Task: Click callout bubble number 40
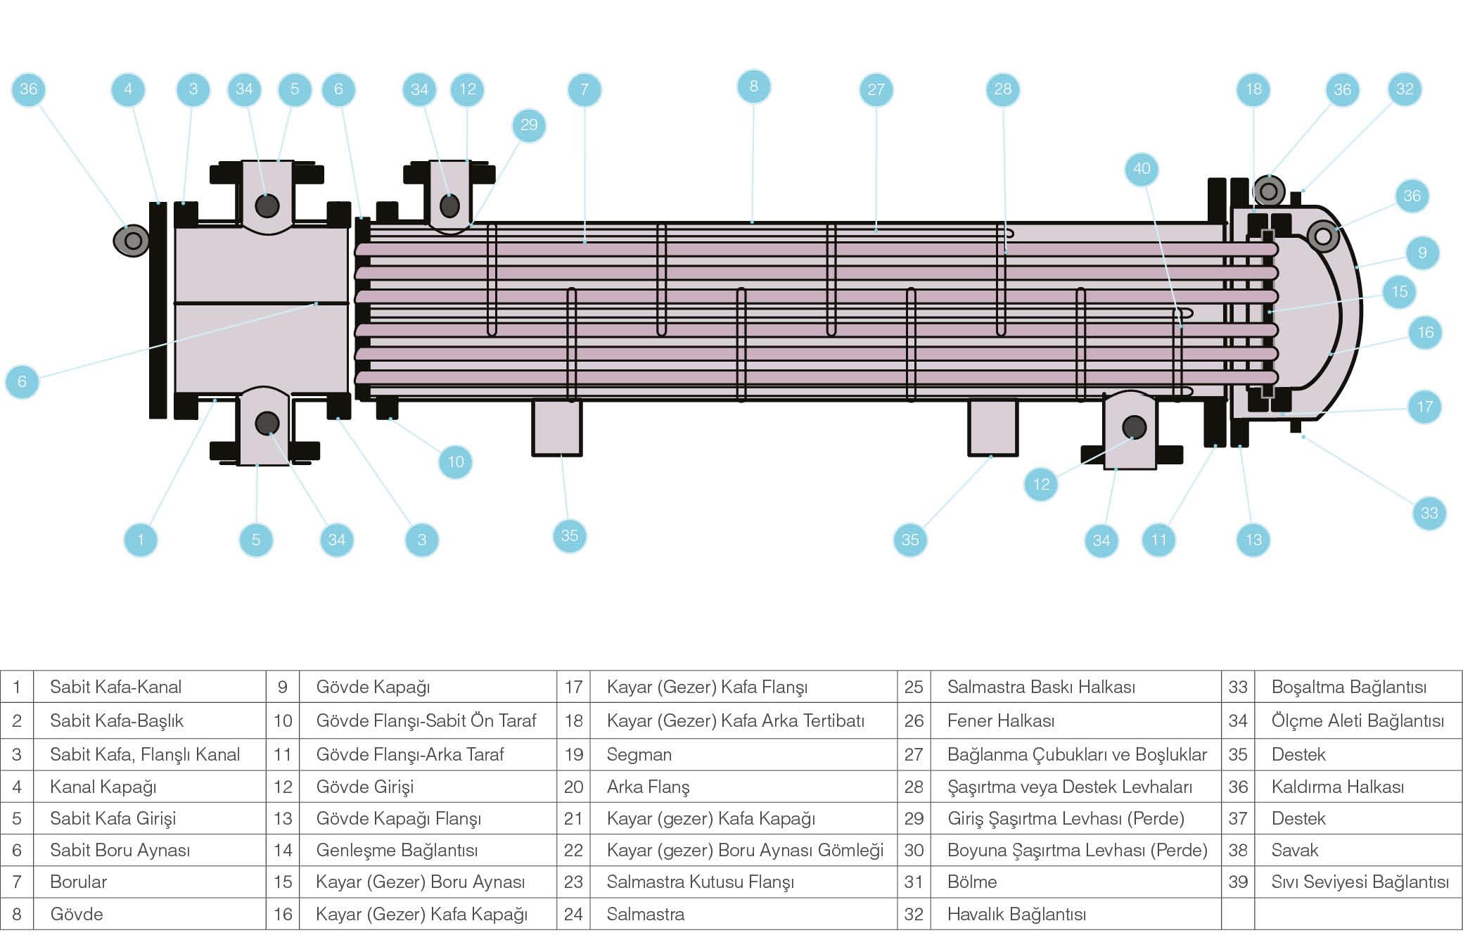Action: point(1142,169)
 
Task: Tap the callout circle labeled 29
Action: point(529,125)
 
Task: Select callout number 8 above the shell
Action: point(753,87)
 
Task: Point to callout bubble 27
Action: point(876,89)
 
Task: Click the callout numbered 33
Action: point(1429,513)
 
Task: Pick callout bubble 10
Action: point(456,462)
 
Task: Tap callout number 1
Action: point(141,540)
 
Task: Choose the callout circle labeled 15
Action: point(1400,291)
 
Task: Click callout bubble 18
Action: point(1253,89)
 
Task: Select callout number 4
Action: point(128,89)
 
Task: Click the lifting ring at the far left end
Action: point(132,241)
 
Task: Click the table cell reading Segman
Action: point(639,754)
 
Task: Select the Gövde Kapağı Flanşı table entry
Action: point(398,818)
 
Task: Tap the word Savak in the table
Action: point(1294,850)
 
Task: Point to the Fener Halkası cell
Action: point(1000,720)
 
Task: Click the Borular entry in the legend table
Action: point(78,882)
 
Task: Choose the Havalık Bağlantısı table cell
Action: point(1016,914)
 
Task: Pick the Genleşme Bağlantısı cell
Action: point(397,850)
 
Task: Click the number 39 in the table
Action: point(1237,882)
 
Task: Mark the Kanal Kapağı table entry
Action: point(103,787)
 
